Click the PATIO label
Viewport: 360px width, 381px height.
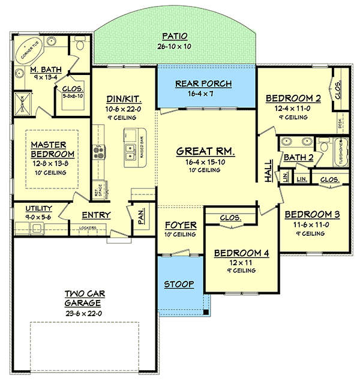178,35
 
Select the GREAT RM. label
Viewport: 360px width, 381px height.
205,152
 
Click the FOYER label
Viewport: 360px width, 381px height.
181,226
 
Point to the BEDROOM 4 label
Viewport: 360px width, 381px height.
242,253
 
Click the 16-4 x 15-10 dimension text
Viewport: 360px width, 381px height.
205,163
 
